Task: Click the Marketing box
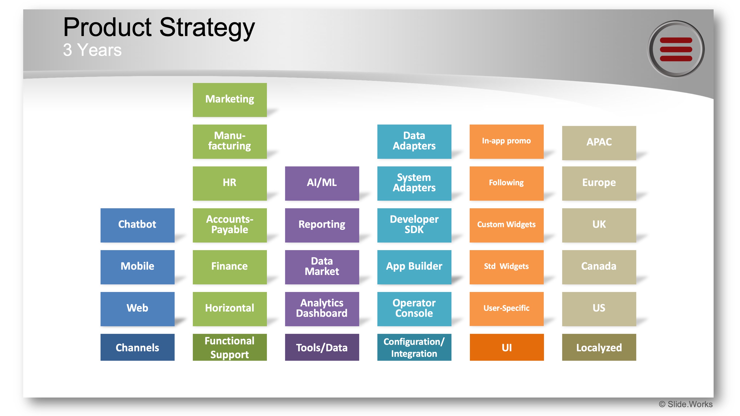tap(230, 100)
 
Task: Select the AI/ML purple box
tap(322, 183)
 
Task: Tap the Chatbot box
tap(137, 225)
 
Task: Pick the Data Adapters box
tap(414, 141)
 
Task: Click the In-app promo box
tap(506, 141)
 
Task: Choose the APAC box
tap(599, 143)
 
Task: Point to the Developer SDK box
tap(414, 225)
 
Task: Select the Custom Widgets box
tap(506, 225)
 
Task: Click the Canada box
tap(599, 267)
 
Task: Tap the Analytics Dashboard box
tap(322, 309)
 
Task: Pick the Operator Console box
tap(414, 309)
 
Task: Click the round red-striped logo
tap(676, 49)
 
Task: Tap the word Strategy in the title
tap(207, 28)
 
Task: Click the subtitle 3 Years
tap(92, 50)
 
